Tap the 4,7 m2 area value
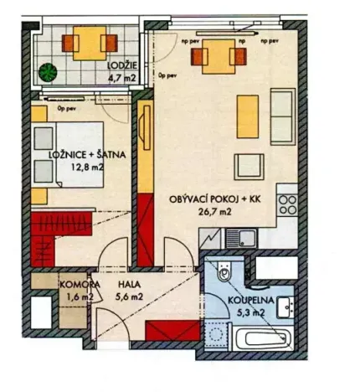tap(120, 81)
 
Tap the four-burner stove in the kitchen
tap(288, 203)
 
